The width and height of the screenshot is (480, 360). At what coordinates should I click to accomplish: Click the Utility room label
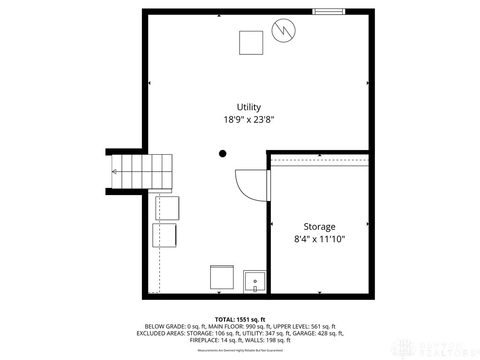coord(248,107)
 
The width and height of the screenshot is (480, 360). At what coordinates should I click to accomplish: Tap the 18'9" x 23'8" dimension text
coord(248,120)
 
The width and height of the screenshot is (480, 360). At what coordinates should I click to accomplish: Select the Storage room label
coord(319,227)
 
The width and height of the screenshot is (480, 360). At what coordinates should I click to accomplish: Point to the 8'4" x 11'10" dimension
coord(319,239)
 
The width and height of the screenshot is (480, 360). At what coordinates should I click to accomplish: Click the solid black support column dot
coord(223,153)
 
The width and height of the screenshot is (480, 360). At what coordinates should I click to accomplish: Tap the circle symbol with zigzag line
coord(284,30)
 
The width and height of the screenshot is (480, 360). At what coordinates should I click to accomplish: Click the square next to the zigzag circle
coord(251,43)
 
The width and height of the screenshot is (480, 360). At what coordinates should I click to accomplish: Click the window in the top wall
coord(329,11)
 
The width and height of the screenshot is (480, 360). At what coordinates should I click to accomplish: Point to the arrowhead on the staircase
coord(114,172)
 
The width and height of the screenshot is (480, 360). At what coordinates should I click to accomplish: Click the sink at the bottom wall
coord(255,282)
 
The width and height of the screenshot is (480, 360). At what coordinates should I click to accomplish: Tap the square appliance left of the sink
coord(222,277)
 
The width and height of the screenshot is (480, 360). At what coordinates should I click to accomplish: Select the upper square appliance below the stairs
coord(167,208)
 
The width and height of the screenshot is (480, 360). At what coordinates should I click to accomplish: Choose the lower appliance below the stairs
coord(165,235)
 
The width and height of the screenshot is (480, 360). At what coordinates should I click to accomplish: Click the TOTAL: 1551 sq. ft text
coord(240,319)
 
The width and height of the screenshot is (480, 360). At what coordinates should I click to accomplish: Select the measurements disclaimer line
coord(240,351)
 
